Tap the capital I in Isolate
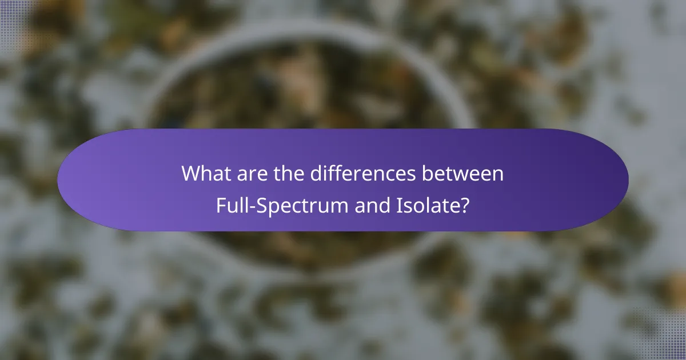point(398,205)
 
